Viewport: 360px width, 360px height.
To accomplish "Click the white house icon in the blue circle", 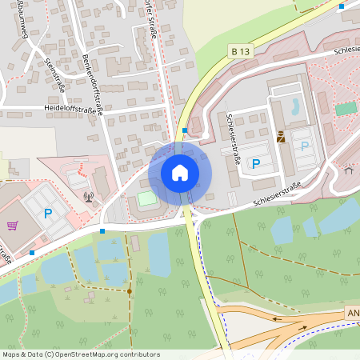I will pos(180,172).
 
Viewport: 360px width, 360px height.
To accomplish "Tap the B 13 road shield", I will pos(239,51).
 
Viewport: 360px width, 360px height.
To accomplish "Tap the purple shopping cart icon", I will pos(12,226).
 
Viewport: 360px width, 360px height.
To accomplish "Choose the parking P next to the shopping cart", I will pos(47,214).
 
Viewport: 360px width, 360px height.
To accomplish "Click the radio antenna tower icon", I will pos(88,194).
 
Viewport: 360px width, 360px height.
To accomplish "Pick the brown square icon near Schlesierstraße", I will pos(281,137).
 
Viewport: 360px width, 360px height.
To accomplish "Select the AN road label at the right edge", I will pos(354,311).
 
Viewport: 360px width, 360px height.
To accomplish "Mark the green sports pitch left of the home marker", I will pos(147,198).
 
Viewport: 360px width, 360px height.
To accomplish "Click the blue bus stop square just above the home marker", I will pos(185,130).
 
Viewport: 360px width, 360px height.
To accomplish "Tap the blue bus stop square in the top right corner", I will pos(342,6).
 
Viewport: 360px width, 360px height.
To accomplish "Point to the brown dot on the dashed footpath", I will pos(130,291).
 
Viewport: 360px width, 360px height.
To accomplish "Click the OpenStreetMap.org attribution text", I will pos(108,354).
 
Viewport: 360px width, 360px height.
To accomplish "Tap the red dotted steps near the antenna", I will pos(82,169).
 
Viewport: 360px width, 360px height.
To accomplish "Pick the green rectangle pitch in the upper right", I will pos(346,108).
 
